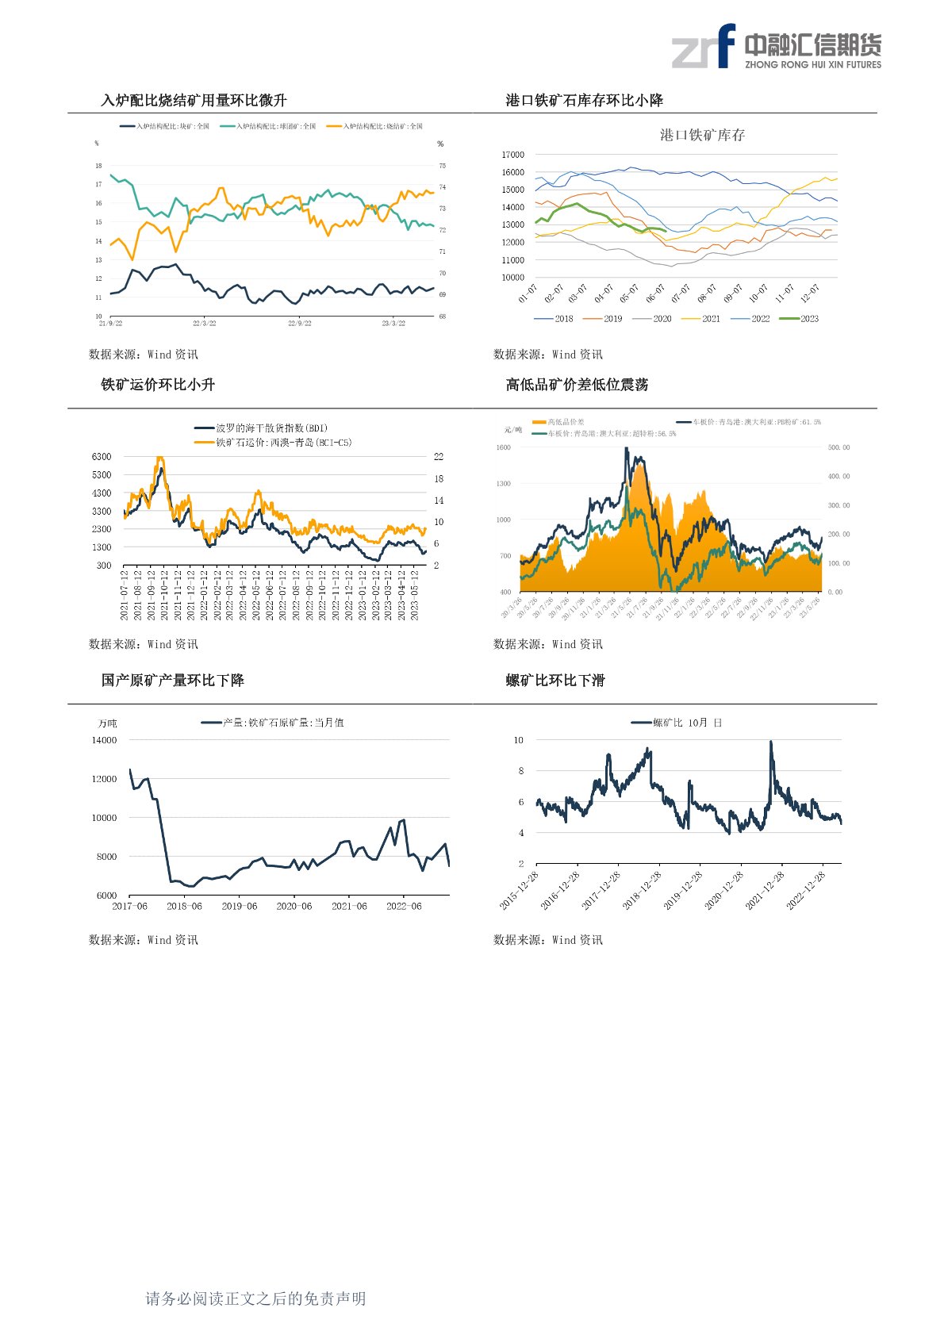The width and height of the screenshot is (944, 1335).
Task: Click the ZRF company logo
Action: coord(776,47)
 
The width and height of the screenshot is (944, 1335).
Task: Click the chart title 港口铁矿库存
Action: coord(702,136)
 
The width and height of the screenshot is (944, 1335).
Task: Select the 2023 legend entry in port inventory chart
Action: coord(800,319)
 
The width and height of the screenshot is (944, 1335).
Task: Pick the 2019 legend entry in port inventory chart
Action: coord(603,319)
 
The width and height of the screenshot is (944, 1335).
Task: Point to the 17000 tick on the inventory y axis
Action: coord(512,155)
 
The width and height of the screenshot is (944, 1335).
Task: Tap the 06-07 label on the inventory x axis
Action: coord(655,293)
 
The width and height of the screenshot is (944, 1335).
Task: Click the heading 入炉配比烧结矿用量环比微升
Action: coord(194,101)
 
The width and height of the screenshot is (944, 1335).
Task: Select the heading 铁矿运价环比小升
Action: coord(158,385)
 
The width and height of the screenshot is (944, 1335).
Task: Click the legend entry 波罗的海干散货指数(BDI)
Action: coord(262,428)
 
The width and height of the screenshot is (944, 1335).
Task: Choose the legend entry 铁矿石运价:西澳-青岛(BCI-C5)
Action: coord(274,443)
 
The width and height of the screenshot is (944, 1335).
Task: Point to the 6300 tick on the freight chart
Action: coord(102,457)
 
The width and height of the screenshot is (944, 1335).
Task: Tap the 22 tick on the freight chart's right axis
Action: coord(439,457)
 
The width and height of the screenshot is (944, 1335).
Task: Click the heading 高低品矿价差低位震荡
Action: coord(577,385)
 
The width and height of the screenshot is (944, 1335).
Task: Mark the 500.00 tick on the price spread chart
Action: coord(838,447)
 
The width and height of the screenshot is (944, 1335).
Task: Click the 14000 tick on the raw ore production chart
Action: coord(104,740)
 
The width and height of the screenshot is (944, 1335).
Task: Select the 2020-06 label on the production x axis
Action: coord(294,906)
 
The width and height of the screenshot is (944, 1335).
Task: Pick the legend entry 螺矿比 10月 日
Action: coord(677,723)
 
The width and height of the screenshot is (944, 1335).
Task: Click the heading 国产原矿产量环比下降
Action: coord(172,681)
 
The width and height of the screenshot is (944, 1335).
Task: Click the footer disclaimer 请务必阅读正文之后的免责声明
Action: coord(255,1299)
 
